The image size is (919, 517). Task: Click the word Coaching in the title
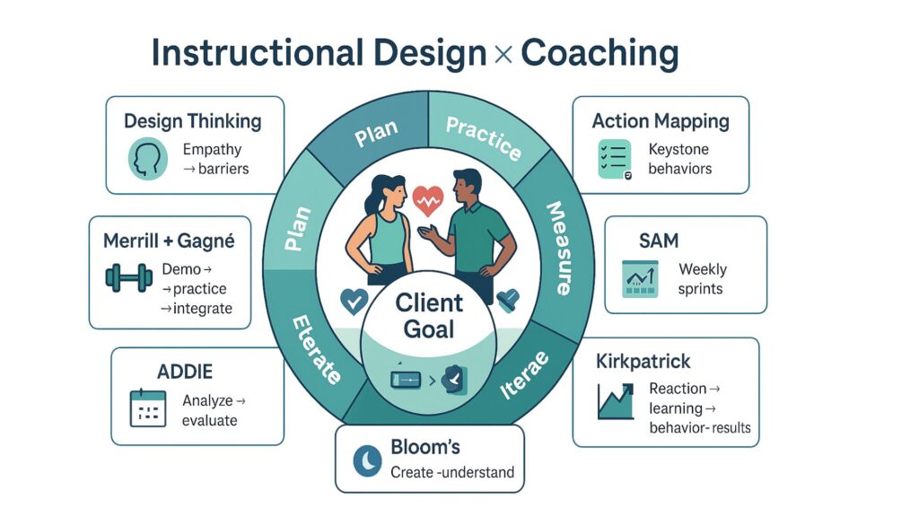[x=599, y=53]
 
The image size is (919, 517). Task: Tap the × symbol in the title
[x=503, y=55]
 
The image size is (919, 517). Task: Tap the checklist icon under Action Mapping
[x=615, y=158]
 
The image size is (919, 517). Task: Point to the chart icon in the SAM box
[x=641, y=279]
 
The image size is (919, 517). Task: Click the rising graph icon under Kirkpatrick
[x=617, y=401]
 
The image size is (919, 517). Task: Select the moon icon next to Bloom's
[x=368, y=460]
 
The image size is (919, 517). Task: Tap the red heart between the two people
[x=429, y=197]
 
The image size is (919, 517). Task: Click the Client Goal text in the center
[x=429, y=314]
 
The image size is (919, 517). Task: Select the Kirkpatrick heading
[x=643, y=362]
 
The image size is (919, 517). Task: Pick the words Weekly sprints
[x=703, y=279]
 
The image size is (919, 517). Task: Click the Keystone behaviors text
[x=678, y=159]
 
